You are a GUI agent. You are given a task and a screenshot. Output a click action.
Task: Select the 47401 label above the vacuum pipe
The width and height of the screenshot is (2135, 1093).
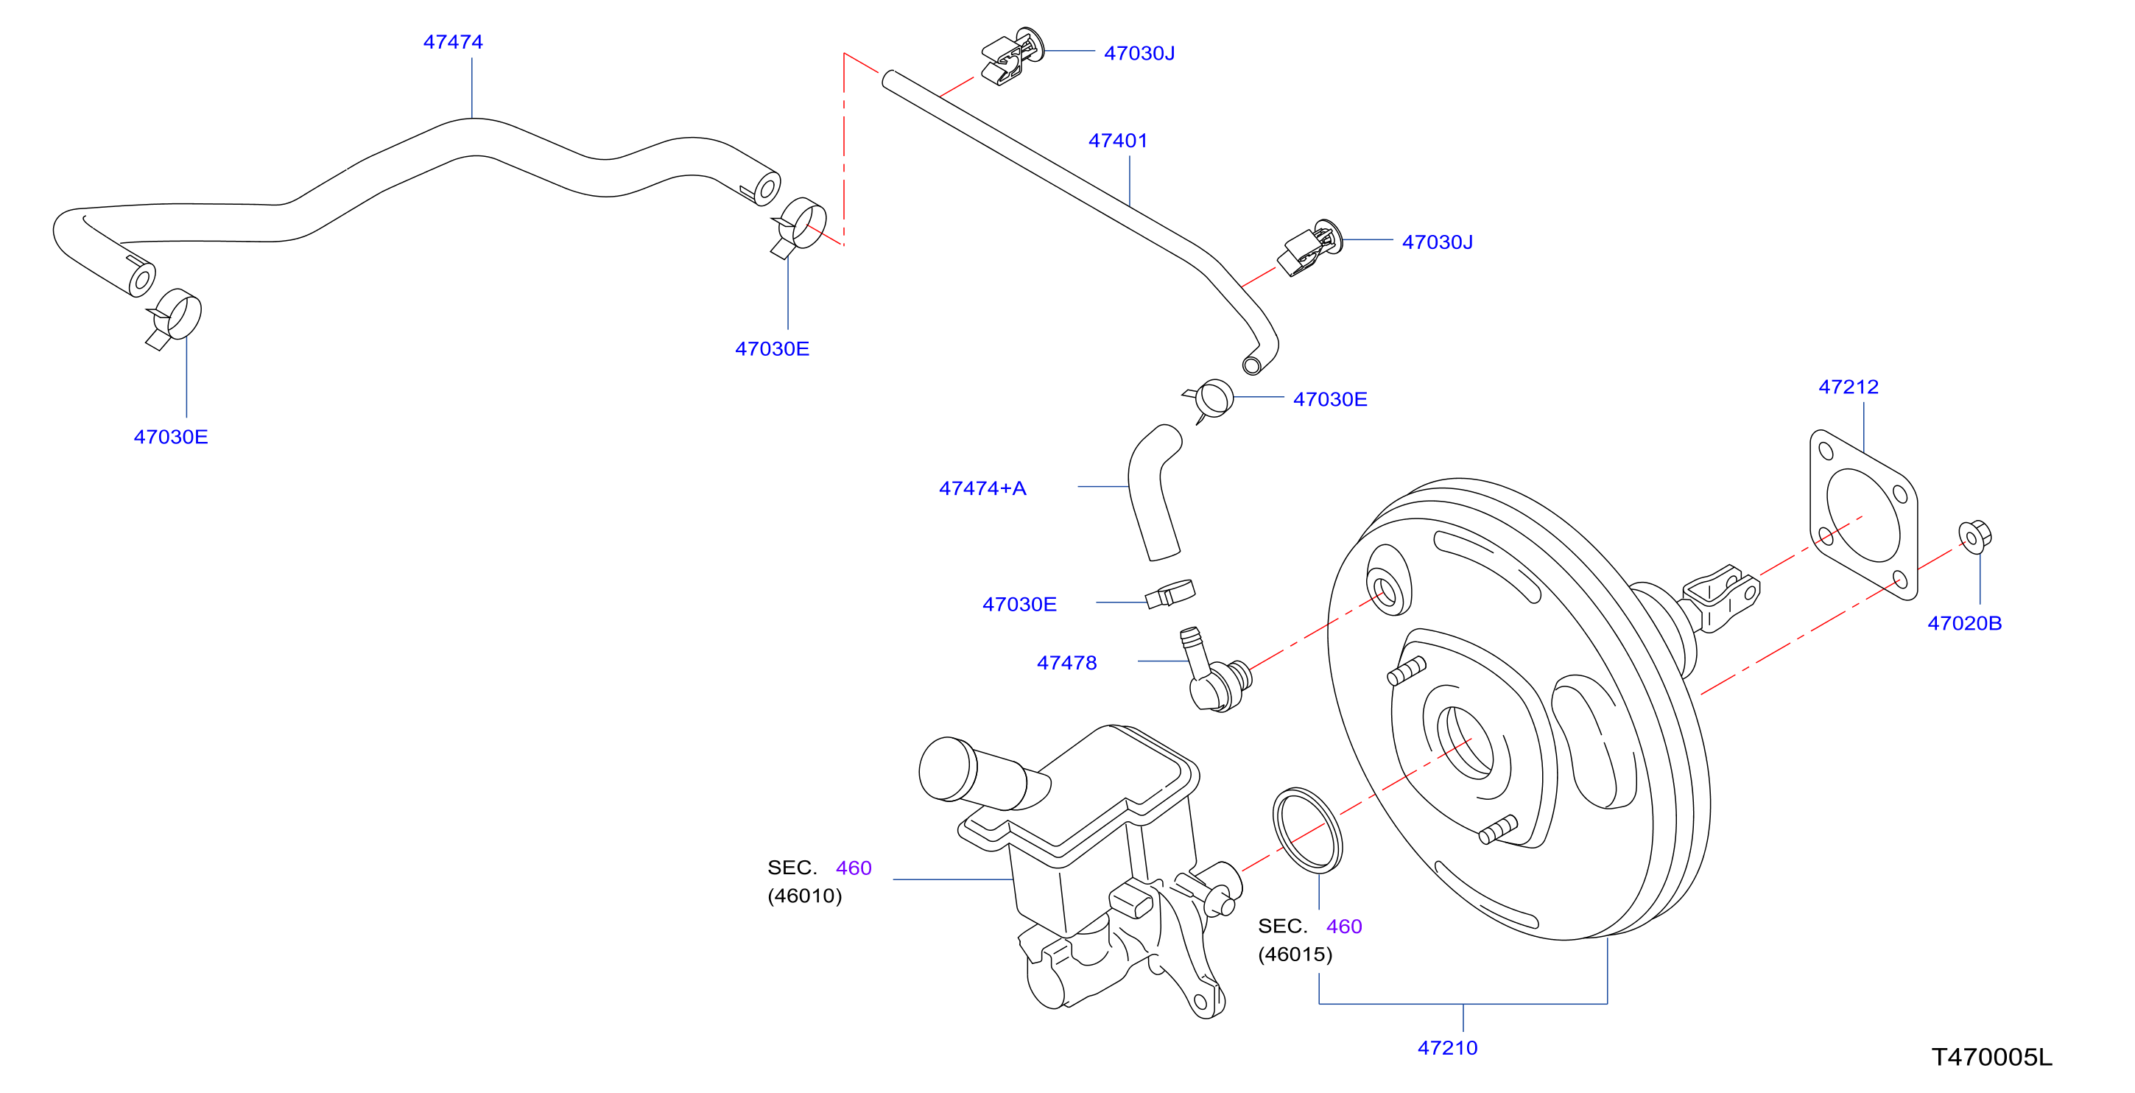[1117, 141]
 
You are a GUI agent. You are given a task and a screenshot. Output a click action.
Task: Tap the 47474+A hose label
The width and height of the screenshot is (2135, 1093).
[982, 488]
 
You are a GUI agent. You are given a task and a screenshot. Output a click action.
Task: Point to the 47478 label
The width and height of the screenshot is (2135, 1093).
[1066, 663]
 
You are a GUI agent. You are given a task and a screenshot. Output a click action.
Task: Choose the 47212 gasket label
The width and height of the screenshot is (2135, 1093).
[1849, 387]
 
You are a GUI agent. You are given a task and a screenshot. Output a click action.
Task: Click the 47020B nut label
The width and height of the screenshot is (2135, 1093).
[1964, 623]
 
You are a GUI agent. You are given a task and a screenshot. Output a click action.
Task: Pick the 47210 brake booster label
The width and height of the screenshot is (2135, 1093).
[1447, 1048]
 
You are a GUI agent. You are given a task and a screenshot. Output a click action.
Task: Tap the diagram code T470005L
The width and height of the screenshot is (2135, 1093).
[1991, 1058]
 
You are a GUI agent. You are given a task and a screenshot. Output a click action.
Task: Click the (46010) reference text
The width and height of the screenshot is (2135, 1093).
[804, 896]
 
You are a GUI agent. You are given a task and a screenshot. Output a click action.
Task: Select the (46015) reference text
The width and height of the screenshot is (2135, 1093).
[1295, 955]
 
